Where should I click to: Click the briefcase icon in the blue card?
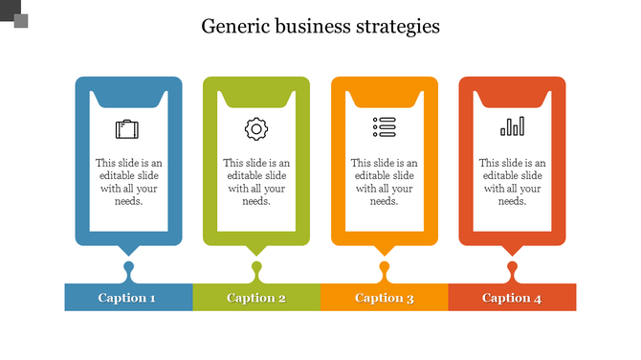127,128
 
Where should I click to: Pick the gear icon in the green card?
256,128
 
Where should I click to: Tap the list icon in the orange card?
384,126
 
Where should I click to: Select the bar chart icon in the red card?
512,126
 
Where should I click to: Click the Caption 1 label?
127,298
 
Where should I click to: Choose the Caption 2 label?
256,298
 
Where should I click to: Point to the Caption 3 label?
385,298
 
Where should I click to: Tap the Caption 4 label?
512,298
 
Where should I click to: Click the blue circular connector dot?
128,266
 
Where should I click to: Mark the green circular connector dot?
256,266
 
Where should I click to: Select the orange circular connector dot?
385,266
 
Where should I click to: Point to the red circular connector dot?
513,266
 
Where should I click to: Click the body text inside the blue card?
127,182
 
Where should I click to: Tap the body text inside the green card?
256,182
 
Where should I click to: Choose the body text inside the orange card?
385,182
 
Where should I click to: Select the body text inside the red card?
512,182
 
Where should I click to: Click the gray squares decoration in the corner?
14,14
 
